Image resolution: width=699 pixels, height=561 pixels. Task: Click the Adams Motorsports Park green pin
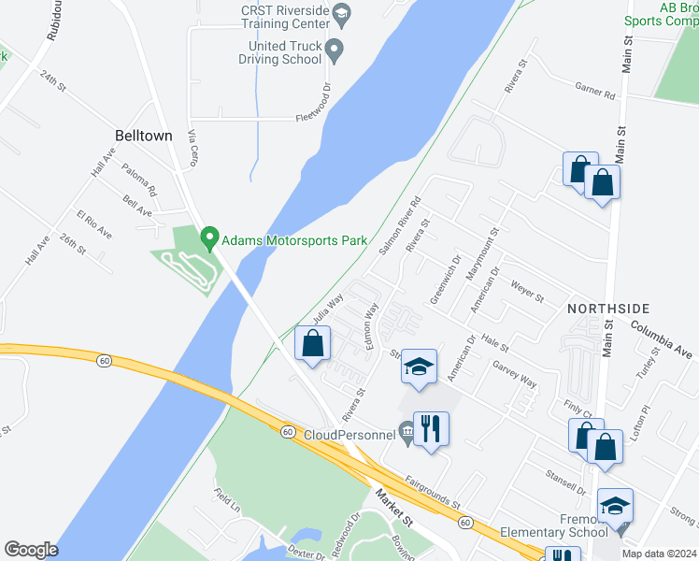point(209,239)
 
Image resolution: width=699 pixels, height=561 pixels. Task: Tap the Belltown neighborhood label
point(143,136)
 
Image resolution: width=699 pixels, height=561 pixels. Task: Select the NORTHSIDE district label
point(608,308)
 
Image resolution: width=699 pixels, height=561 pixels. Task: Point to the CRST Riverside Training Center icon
point(341,13)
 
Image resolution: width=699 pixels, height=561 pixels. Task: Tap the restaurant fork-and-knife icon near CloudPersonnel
point(430,429)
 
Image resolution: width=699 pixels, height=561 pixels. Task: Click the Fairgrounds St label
point(433,494)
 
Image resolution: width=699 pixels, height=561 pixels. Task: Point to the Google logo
point(31,550)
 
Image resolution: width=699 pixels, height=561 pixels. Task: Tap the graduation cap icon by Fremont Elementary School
point(615,506)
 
